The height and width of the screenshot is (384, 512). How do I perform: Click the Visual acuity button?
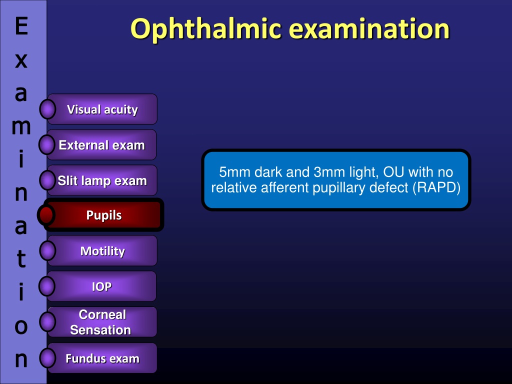point(102,109)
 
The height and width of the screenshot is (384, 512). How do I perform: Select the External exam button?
point(101,144)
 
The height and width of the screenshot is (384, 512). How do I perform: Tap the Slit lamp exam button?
point(102,180)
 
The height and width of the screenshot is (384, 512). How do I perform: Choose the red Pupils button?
point(104,215)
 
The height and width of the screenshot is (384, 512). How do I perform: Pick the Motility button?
point(102,251)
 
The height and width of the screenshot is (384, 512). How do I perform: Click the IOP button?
point(101,286)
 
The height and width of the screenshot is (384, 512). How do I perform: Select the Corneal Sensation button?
point(102,322)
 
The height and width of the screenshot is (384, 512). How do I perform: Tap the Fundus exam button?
point(102,358)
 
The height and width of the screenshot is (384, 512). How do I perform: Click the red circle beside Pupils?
point(46,215)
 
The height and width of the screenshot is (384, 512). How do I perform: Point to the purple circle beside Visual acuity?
point(47,109)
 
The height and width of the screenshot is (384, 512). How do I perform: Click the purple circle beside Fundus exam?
point(47,358)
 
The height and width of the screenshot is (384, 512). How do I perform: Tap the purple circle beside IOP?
point(47,286)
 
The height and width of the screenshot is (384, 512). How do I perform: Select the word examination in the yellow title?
point(369,28)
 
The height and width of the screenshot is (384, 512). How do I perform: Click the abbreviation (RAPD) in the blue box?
point(436,187)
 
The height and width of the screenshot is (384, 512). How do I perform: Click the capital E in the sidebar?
point(21,26)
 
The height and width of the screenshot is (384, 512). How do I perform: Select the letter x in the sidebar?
point(21,60)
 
